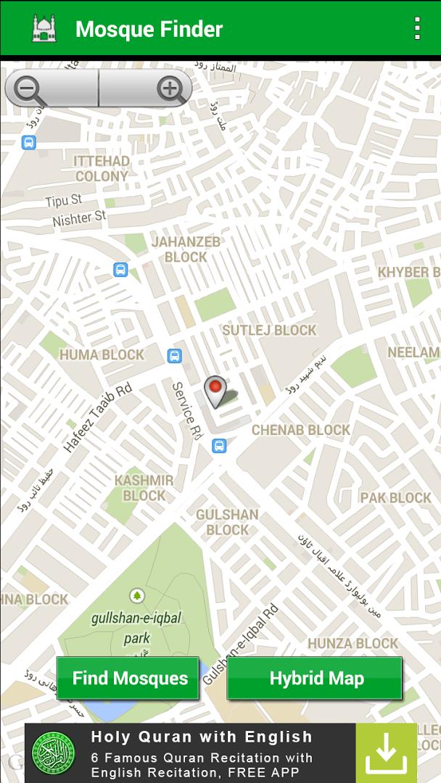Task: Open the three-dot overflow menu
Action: click(x=416, y=28)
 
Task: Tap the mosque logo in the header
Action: click(x=44, y=29)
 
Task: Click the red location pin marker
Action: click(x=215, y=390)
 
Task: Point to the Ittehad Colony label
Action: click(x=102, y=168)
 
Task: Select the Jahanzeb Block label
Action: click(x=186, y=249)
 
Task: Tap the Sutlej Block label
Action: click(x=269, y=330)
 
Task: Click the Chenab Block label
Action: click(x=301, y=430)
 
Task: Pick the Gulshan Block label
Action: click(x=227, y=522)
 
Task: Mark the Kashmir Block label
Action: click(x=144, y=488)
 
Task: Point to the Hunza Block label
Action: click(x=353, y=643)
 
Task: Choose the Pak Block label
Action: click(x=395, y=497)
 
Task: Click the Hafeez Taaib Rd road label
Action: click(x=97, y=418)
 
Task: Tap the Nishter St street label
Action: click(x=79, y=217)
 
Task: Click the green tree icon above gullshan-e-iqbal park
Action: click(x=137, y=596)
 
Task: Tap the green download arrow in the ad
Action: click(x=386, y=753)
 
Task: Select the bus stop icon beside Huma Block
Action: click(x=174, y=356)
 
